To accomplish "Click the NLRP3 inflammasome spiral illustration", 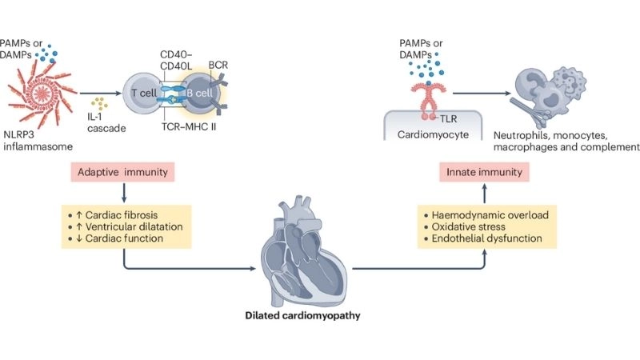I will click(x=41, y=94).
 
